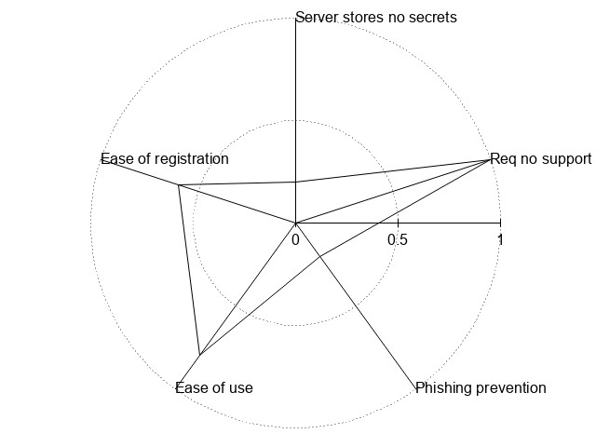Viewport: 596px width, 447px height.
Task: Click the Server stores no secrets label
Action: click(375, 17)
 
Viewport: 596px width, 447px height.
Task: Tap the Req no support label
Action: click(540, 158)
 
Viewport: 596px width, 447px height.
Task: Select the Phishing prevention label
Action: click(481, 387)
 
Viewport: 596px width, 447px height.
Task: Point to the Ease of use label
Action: click(214, 387)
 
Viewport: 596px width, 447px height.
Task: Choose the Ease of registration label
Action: click(165, 159)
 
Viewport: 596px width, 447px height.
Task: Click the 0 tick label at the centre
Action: click(295, 239)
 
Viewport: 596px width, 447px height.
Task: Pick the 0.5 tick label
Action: click(398, 239)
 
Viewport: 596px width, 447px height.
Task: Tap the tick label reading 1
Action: click(501, 239)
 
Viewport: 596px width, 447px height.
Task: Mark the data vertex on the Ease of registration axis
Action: click(178, 185)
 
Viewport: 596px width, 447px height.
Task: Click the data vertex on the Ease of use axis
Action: click(199, 355)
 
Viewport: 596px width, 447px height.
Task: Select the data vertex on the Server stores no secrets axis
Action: click(295, 182)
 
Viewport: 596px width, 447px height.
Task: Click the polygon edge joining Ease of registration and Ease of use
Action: click(189, 270)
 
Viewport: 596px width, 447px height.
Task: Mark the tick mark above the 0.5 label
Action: click(398, 223)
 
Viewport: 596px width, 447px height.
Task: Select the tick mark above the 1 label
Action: click(500, 223)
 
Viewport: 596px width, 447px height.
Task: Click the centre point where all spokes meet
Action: click(295, 223)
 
